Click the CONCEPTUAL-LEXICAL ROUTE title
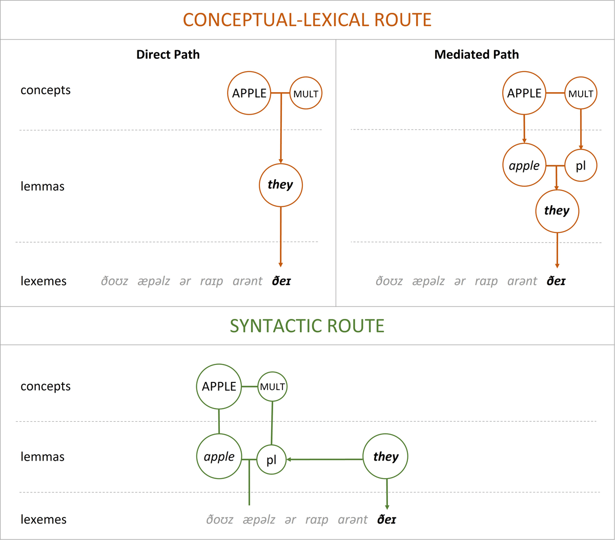point(307,19)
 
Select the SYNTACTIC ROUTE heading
point(307,326)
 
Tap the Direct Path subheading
point(168,55)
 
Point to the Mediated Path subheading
point(477,55)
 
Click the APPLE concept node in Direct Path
point(249,93)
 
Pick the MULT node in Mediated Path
point(581,94)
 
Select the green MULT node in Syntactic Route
point(272,387)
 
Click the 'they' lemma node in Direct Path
point(281,185)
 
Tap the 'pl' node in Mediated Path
point(581,166)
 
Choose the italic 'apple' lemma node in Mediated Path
point(524,166)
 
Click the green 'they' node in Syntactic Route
point(385,457)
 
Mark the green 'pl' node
point(271,460)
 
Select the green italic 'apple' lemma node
point(219,457)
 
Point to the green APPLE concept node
point(219,386)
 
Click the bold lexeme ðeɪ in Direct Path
point(281,281)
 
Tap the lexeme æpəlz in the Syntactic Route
point(259,520)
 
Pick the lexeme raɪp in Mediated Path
point(486,282)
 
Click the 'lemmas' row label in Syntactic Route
point(43,457)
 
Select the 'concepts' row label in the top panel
point(46,90)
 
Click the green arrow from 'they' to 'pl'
point(325,460)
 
